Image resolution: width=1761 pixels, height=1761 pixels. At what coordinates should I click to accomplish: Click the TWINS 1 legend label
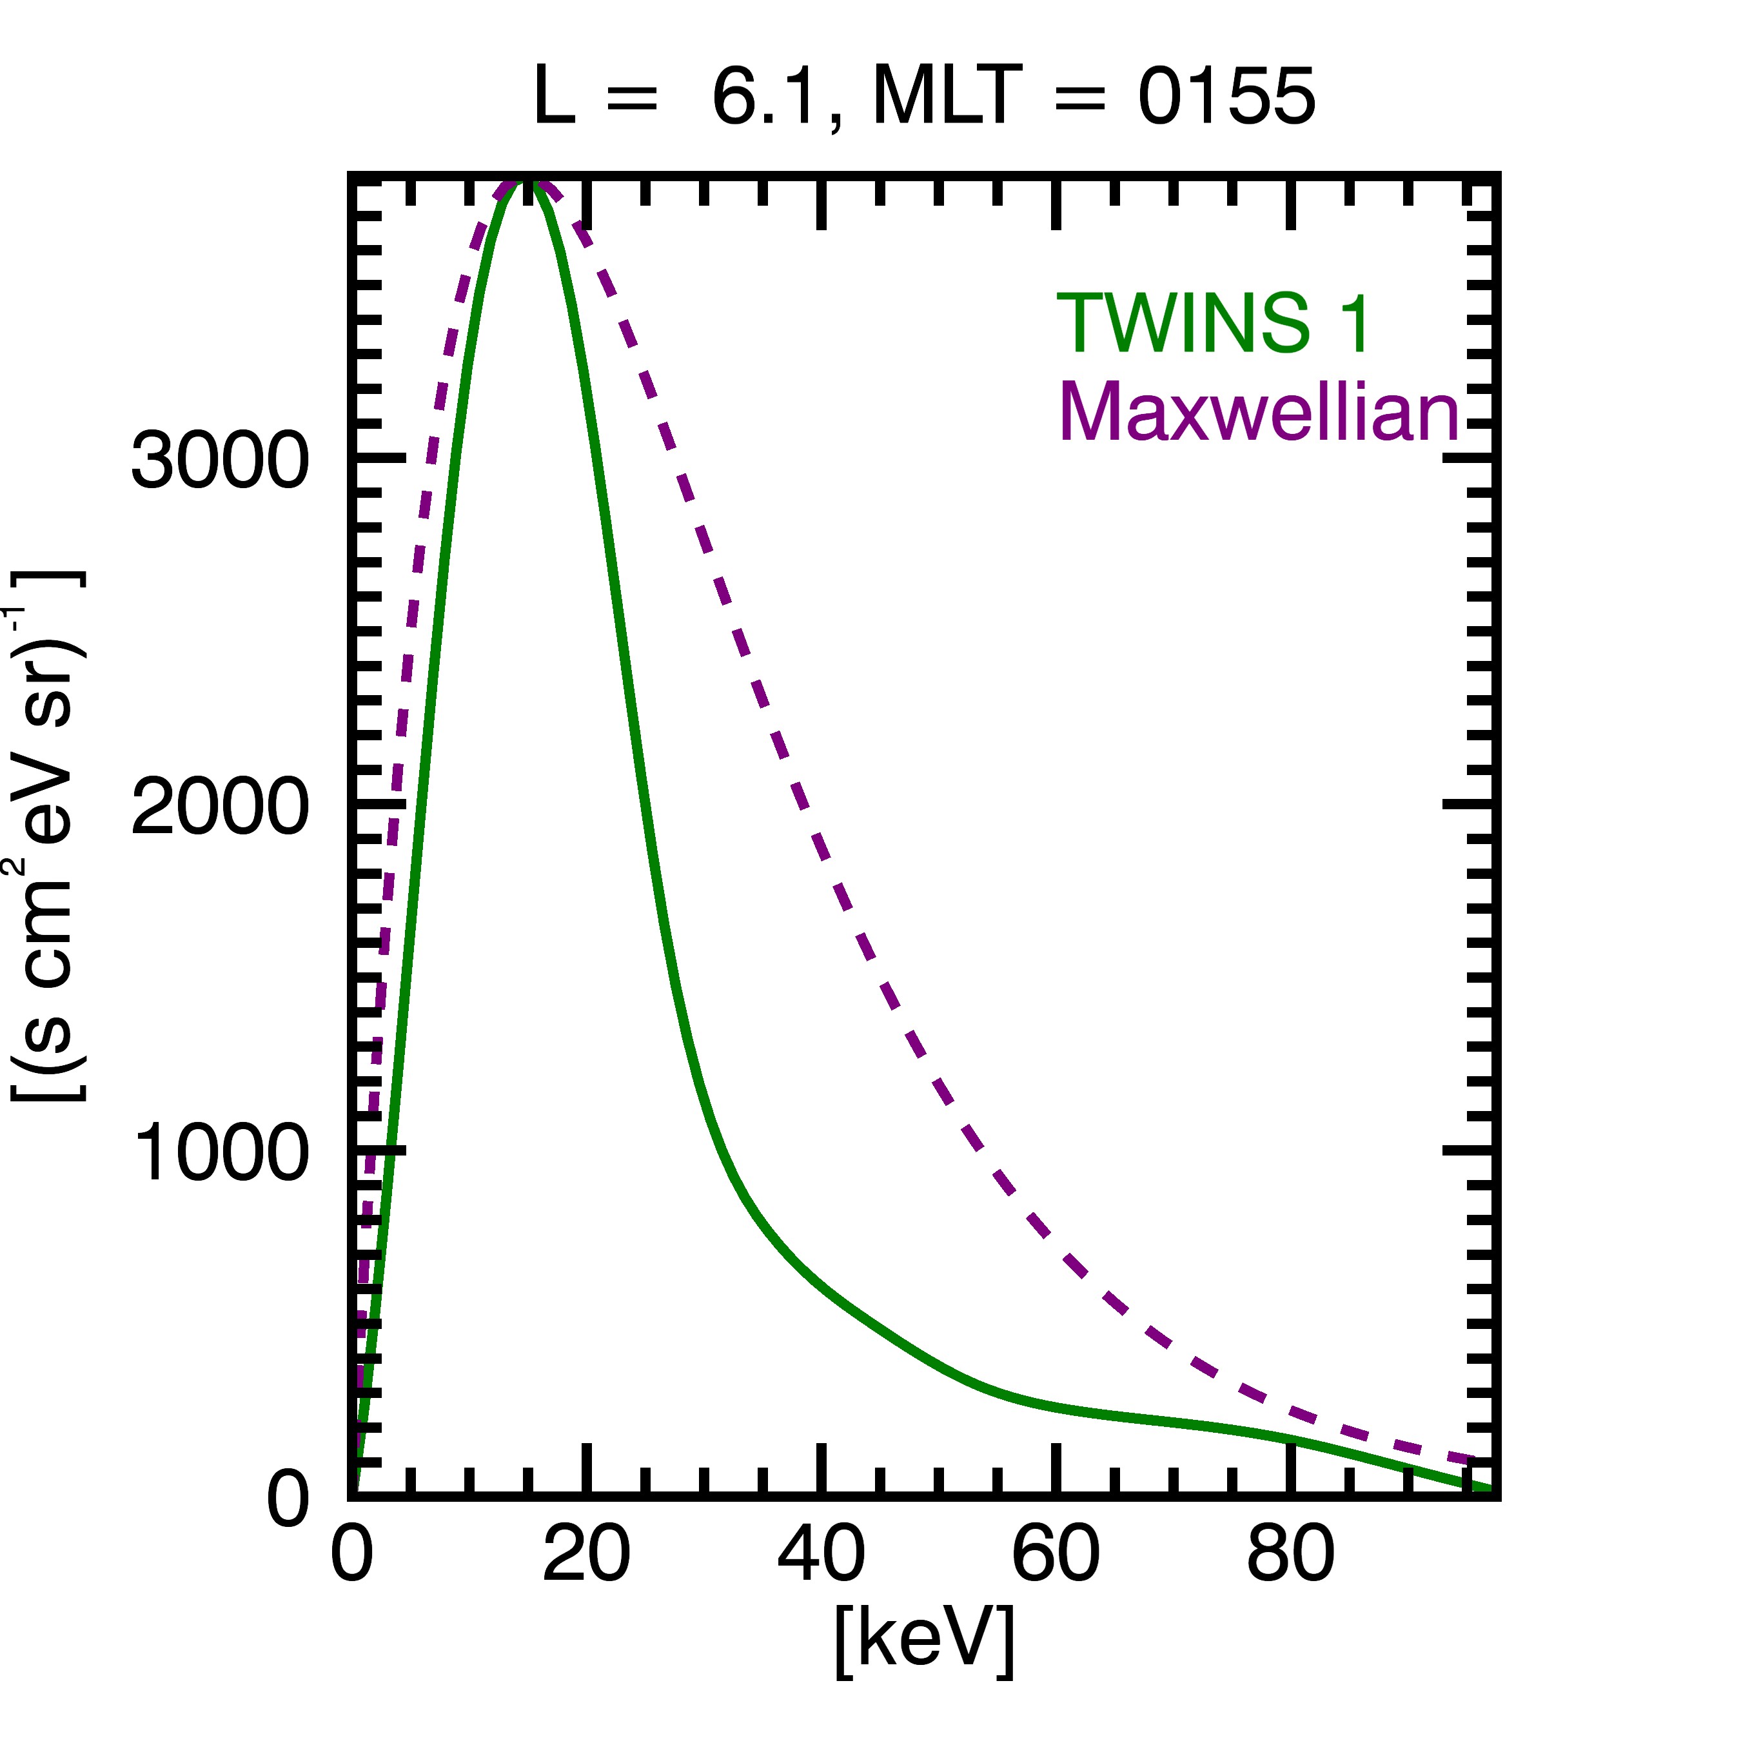(1212, 324)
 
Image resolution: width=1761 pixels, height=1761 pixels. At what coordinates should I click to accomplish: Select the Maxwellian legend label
(1259, 412)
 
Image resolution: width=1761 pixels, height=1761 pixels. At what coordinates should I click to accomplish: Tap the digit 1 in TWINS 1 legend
(1356, 324)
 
